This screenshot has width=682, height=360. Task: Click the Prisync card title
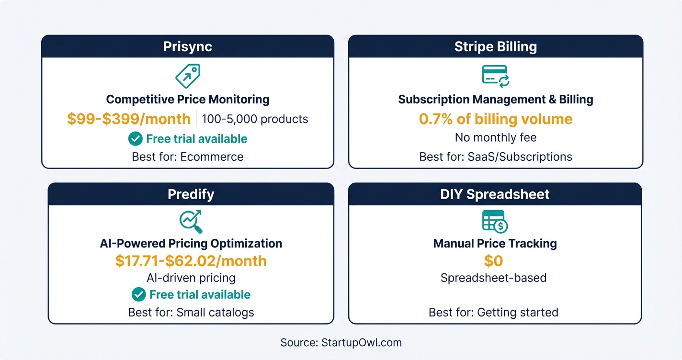(x=187, y=47)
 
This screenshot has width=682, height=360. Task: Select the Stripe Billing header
(x=495, y=47)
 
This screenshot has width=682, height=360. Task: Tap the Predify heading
(x=191, y=194)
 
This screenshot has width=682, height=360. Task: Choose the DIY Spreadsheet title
(x=495, y=194)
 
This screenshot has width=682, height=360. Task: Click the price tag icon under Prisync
(x=188, y=75)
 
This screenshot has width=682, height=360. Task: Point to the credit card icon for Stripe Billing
(x=495, y=77)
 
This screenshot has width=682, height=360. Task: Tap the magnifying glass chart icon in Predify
(x=191, y=221)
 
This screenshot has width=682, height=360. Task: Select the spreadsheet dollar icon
(x=495, y=221)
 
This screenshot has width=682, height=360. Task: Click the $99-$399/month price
(x=129, y=119)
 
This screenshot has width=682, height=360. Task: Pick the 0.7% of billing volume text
(x=496, y=119)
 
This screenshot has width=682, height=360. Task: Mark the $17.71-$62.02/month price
(x=191, y=261)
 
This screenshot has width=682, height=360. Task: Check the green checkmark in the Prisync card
(x=136, y=139)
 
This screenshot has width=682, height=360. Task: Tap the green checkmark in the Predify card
(x=139, y=294)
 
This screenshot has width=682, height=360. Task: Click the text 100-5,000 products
(x=255, y=119)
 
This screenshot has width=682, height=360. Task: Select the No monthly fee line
(x=496, y=138)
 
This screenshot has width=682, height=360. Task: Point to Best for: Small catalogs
(x=191, y=313)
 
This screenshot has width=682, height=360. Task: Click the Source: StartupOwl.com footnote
(x=341, y=343)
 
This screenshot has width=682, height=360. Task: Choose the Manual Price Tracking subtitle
(x=495, y=243)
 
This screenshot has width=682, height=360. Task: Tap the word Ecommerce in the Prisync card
(x=212, y=157)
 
